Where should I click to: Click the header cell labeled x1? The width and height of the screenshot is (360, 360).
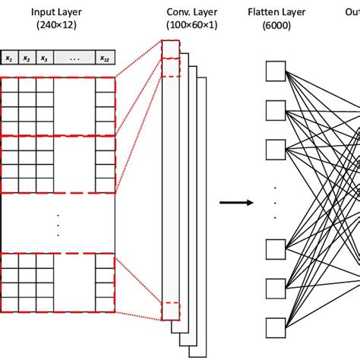9,58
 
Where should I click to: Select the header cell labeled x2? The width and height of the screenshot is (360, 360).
27,58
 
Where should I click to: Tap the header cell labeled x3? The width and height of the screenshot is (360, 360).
45,58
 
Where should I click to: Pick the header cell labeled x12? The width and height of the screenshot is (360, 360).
104,58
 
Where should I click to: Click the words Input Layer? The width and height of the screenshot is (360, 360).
57,12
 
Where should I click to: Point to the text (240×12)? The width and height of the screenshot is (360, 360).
57,26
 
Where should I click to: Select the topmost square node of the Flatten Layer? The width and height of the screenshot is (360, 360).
274,71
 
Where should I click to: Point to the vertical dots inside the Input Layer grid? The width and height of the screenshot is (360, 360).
57,226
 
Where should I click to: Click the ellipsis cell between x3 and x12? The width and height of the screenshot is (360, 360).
74,58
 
